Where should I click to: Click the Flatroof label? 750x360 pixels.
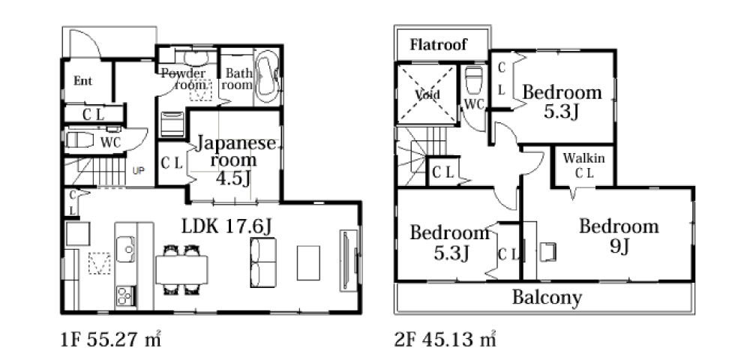click(x=438, y=45)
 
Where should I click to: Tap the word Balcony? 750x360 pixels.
click(x=547, y=297)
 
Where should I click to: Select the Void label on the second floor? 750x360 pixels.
click(x=427, y=94)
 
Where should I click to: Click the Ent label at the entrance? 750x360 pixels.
click(x=82, y=81)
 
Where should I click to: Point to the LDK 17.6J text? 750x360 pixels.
click(x=227, y=227)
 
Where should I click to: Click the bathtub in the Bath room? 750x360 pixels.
click(x=267, y=76)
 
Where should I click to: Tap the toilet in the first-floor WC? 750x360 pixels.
click(x=80, y=139)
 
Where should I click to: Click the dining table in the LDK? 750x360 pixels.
click(x=181, y=270)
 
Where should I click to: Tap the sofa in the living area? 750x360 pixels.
click(x=263, y=262)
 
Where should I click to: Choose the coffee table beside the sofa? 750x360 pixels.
click(x=308, y=262)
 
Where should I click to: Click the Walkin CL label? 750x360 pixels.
click(x=583, y=166)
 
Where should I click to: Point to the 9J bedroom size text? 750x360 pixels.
click(x=619, y=247)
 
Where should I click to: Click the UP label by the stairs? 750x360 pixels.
click(x=138, y=170)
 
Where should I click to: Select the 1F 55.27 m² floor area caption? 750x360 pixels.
click(x=110, y=340)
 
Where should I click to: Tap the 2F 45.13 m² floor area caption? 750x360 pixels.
click(x=444, y=340)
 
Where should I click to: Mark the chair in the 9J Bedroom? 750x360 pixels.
click(x=547, y=252)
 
